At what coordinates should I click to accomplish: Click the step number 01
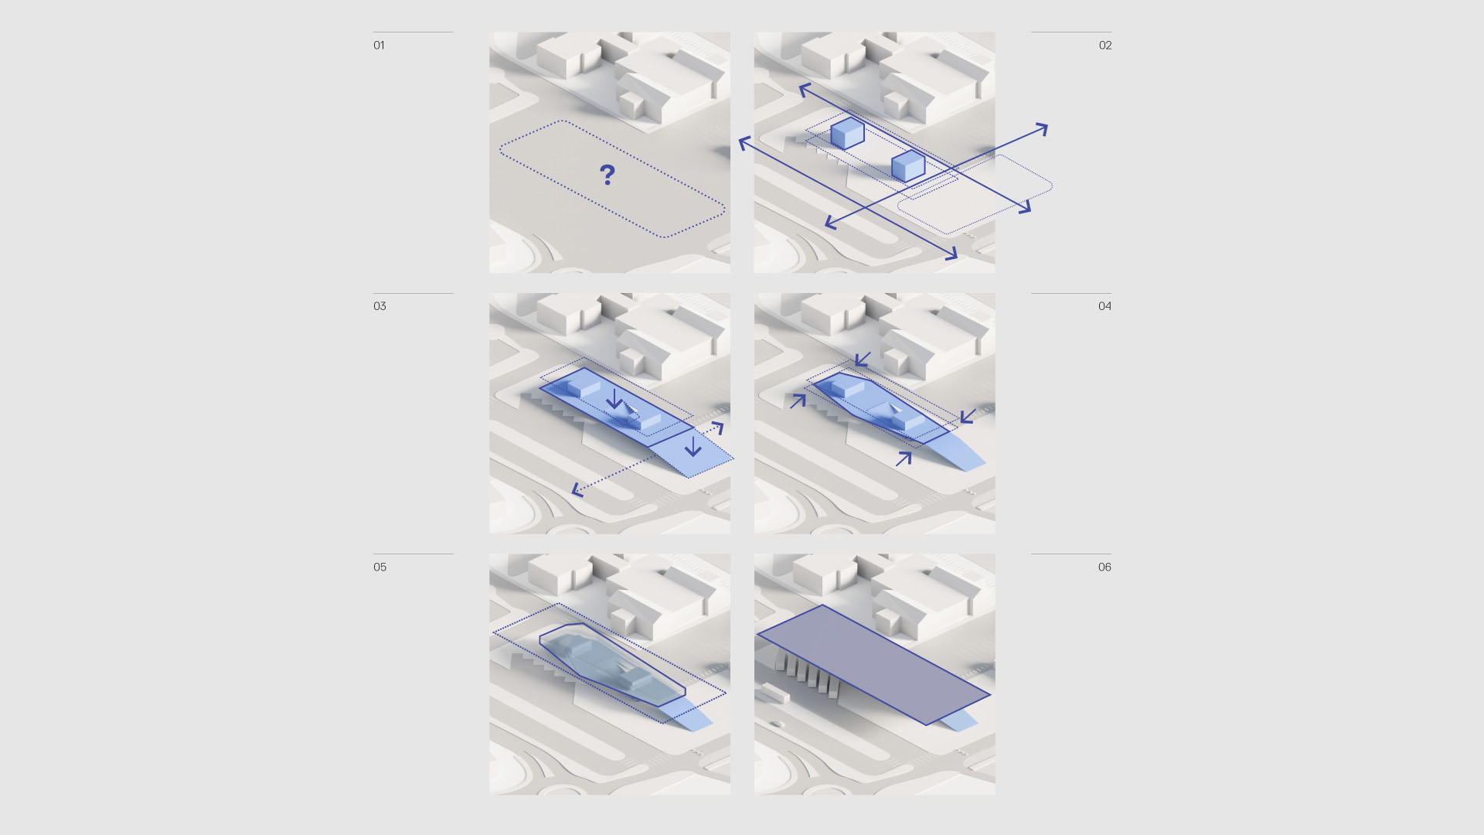click(379, 46)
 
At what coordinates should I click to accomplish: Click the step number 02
click(1105, 46)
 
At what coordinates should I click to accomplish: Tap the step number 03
click(380, 306)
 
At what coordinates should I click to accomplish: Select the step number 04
click(1105, 306)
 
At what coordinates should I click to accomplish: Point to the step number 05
click(380, 567)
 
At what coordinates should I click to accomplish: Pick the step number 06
click(1105, 567)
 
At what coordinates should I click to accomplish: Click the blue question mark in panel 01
click(608, 175)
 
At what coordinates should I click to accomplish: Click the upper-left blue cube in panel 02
click(847, 133)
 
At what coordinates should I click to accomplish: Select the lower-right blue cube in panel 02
click(908, 166)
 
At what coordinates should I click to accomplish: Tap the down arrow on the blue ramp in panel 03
click(693, 446)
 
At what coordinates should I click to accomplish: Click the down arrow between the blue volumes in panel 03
click(614, 398)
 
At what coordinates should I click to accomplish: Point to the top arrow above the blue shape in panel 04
click(863, 360)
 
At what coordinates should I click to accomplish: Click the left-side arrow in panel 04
click(798, 400)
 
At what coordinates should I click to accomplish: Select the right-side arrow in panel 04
click(967, 416)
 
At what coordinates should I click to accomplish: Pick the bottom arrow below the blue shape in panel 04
click(904, 459)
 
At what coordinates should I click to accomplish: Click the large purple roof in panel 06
click(873, 665)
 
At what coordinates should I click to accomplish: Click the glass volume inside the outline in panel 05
click(611, 665)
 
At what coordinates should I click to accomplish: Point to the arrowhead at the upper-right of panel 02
click(1042, 129)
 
